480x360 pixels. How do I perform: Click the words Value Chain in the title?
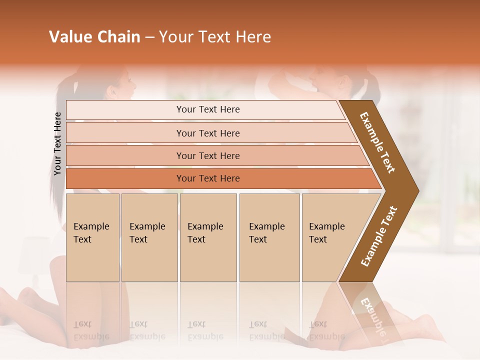tap(94, 37)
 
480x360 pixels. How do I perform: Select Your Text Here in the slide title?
tap(215, 37)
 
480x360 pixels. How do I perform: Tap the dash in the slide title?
tap(149, 37)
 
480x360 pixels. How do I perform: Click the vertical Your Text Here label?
tap(57, 143)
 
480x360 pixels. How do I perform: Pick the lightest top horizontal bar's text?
tap(208, 109)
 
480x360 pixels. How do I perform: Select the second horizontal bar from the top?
tap(208, 133)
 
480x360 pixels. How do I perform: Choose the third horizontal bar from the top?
tap(208, 155)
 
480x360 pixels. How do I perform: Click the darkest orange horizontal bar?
tap(208, 178)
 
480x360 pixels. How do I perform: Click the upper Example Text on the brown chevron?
tap(377, 142)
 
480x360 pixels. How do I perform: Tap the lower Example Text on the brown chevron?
tap(379, 236)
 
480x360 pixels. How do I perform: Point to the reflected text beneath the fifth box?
tap(326, 330)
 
